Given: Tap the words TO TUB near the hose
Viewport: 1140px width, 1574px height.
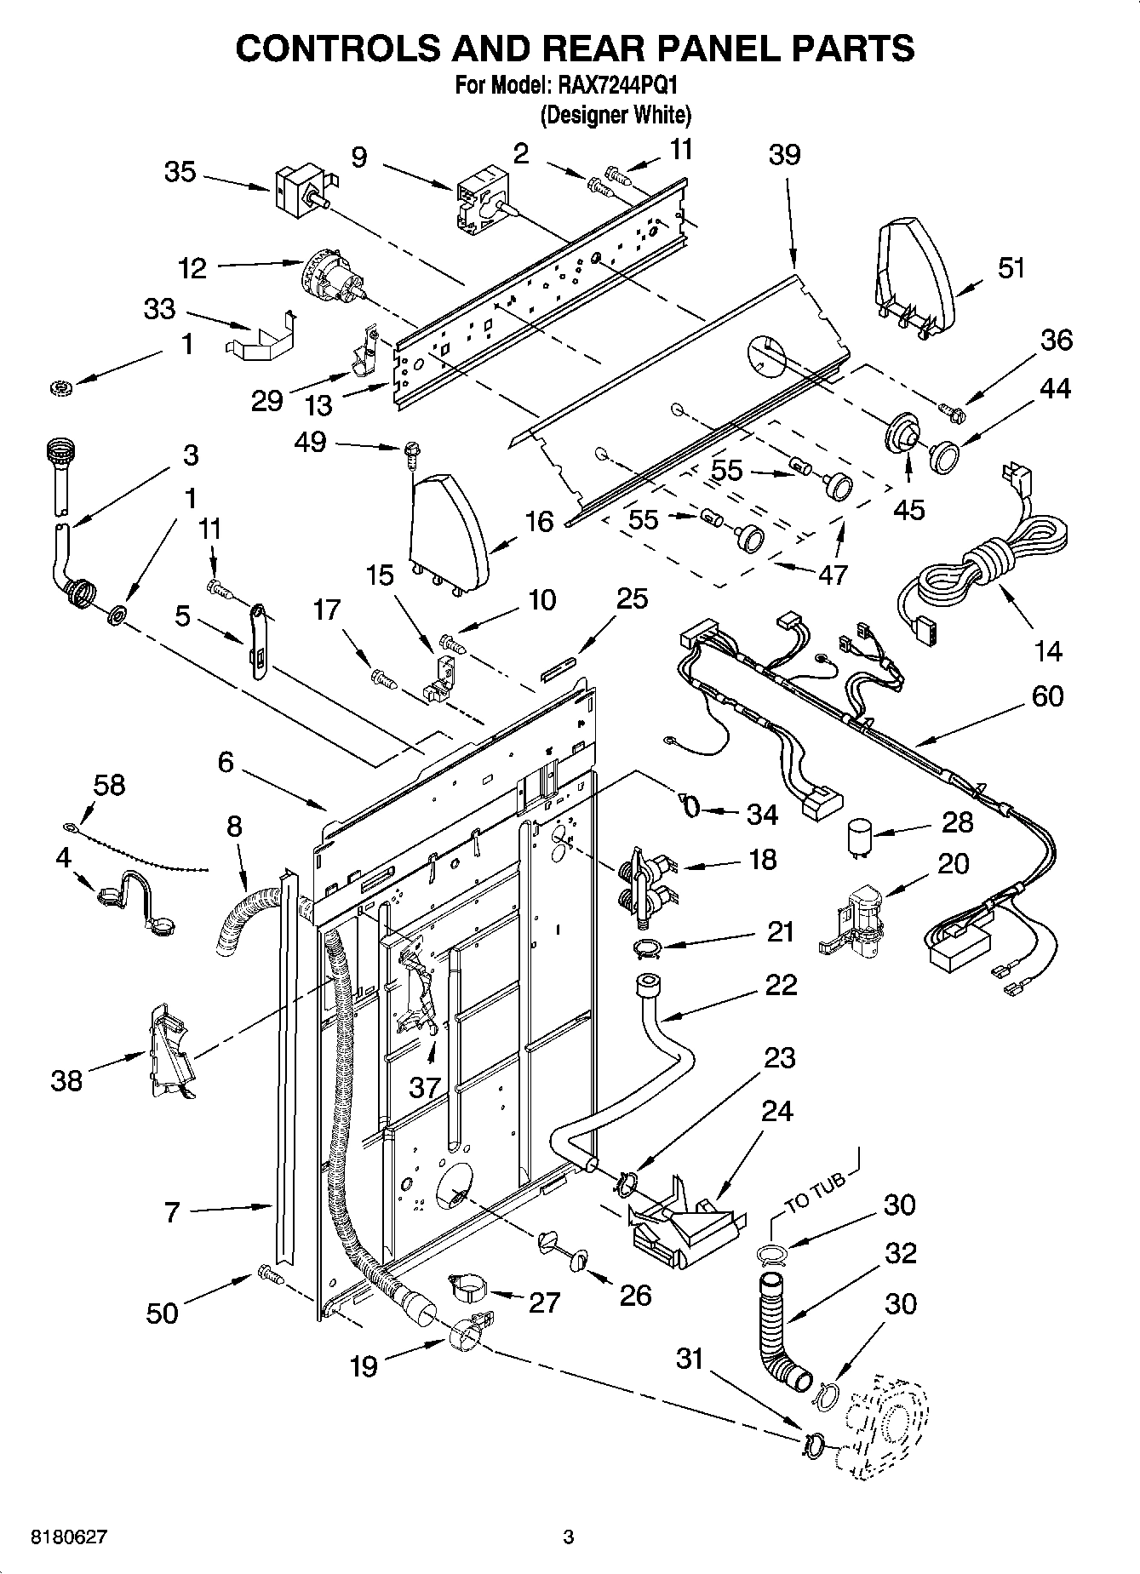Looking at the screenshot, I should coord(815,1193).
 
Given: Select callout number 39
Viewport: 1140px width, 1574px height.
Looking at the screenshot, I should coord(784,155).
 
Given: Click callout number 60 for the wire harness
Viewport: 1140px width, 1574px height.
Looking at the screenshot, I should coord(1047,696).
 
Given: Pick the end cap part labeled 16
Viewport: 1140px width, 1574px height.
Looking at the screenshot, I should coord(449,529).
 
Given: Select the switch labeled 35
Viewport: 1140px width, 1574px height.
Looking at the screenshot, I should coord(298,189).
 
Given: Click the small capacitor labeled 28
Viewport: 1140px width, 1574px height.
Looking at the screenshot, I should coord(861,836).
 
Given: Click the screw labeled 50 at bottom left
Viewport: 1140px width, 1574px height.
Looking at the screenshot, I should coord(266,1274).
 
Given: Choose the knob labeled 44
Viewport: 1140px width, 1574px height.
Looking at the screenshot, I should coord(942,456).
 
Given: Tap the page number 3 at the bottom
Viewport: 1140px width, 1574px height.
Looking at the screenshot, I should coord(569,1537).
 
